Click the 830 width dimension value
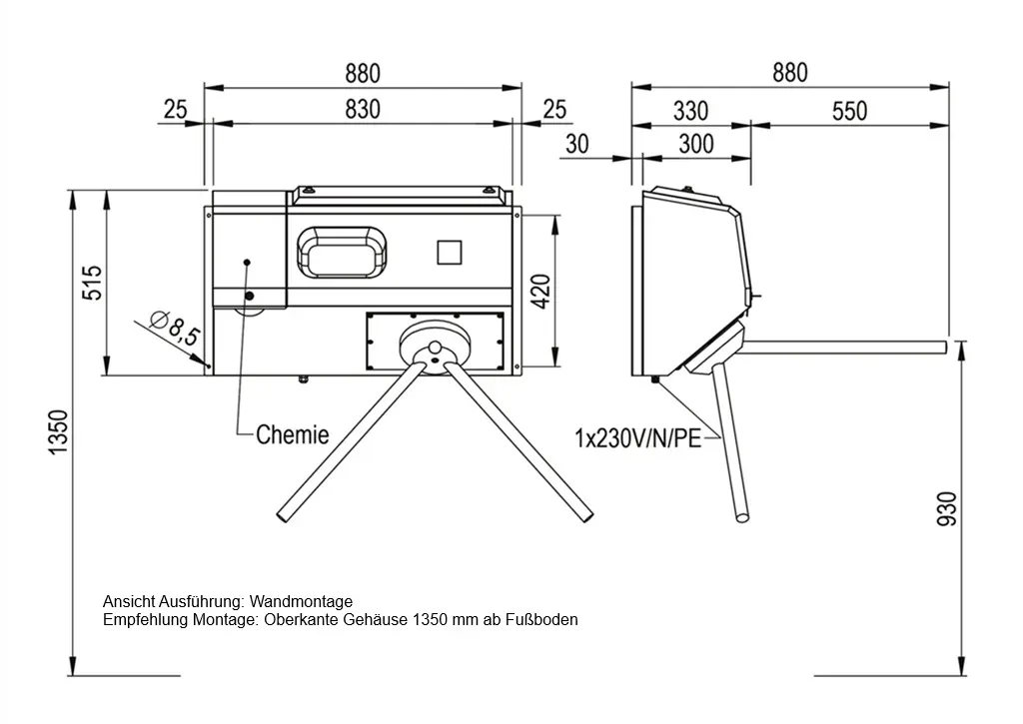pyautogui.click(x=362, y=109)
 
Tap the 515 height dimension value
pyautogui.click(x=93, y=283)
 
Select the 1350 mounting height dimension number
pyautogui.click(x=58, y=432)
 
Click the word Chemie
pyautogui.click(x=293, y=434)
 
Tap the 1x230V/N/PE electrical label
pyautogui.click(x=638, y=437)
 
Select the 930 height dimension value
pyautogui.click(x=946, y=508)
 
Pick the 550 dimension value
pyautogui.click(x=849, y=111)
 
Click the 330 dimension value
pyautogui.click(x=691, y=111)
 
